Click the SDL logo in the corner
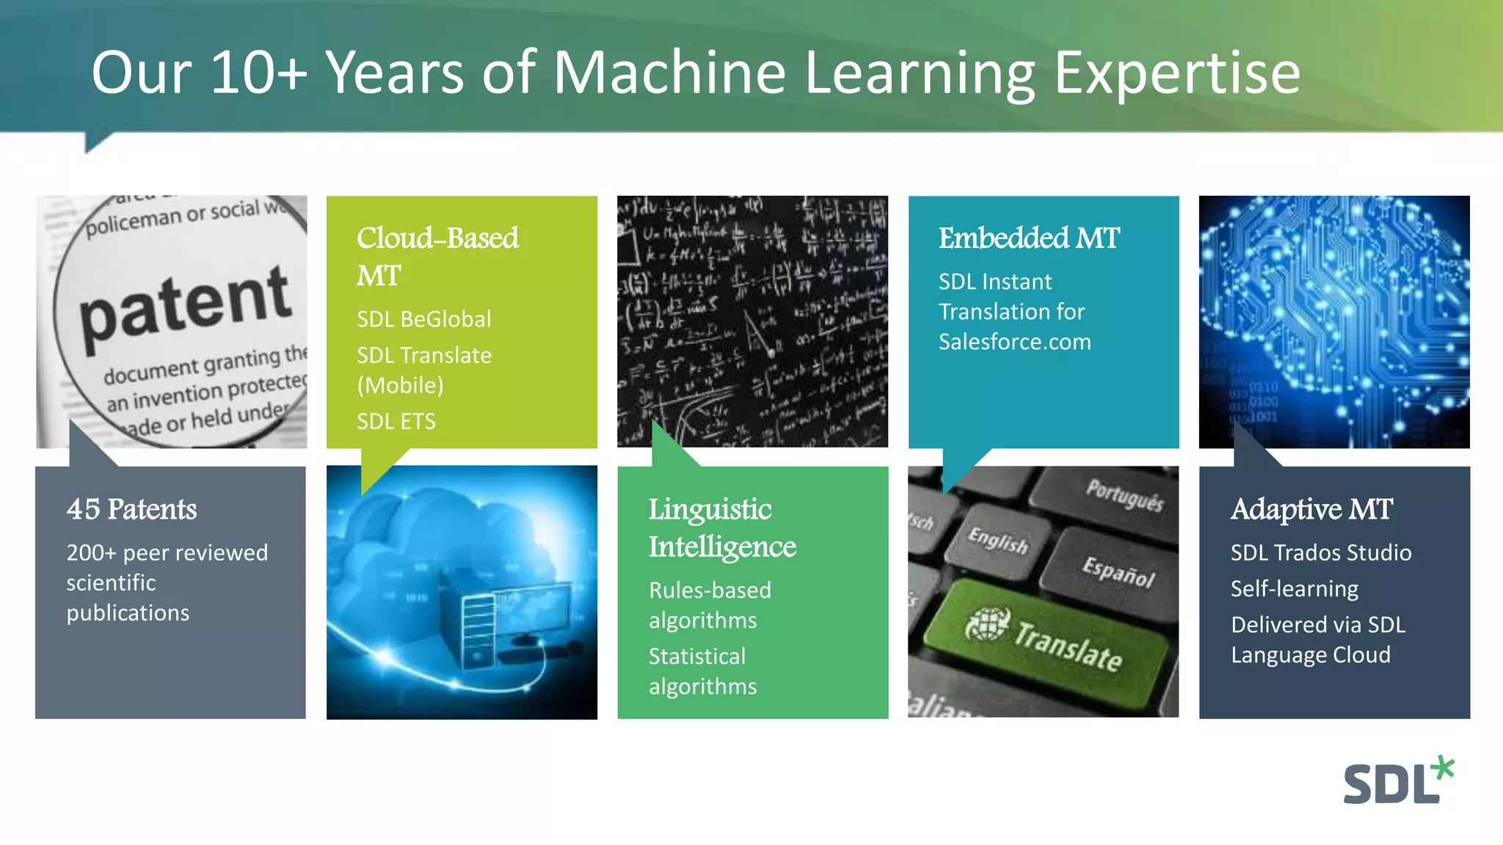click(1397, 782)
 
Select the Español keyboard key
click(1117, 571)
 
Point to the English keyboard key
click(998, 540)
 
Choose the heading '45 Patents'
click(132, 509)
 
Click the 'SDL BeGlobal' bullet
click(424, 319)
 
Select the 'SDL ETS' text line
click(396, 421)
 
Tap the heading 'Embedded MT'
click(1029, 238)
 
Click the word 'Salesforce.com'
click(1015, 342)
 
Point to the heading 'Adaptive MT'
click(1311, 509)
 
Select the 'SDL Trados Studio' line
click(1321, 552)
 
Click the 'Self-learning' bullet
click(1295, 588)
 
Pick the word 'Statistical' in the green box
click(697, 656)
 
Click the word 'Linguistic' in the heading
click(710, 509)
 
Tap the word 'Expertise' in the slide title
click(1177, 73)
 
